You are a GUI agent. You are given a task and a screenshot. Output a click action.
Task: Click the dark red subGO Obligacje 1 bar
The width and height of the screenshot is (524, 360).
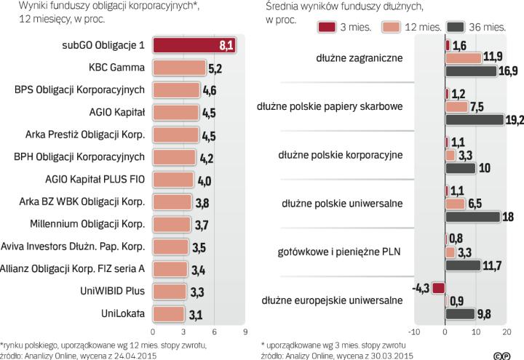[x=193, y=45]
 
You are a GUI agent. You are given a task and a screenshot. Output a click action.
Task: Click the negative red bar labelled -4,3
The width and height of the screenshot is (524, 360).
[x=437, y=287]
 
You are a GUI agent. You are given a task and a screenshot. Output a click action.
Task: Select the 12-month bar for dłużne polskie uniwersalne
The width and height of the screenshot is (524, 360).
[x=455, y=203]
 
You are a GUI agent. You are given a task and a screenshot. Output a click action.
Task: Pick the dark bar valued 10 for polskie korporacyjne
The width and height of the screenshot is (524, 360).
[x=460, y=168]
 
